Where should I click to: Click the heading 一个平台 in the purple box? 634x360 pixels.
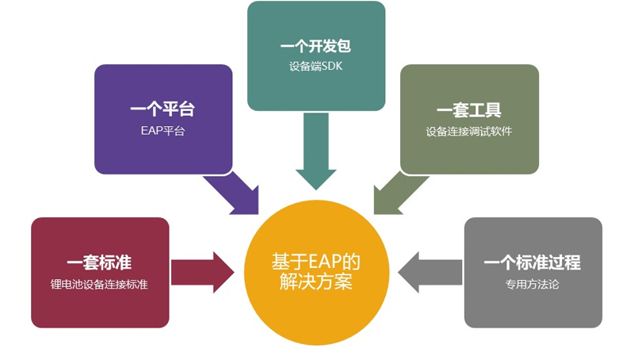(163, 109)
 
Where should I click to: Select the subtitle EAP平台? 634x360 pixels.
(163, 131)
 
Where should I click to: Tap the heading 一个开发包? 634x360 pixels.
(315, 46)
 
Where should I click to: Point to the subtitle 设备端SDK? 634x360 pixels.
(315, 67)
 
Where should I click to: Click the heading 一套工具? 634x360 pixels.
(469, 109)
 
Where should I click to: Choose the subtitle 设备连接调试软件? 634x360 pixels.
(469, 131)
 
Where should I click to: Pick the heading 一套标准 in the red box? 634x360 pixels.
(100, 262)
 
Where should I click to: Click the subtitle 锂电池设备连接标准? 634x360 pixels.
(100, 284)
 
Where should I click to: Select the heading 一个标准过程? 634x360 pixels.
(533, 262)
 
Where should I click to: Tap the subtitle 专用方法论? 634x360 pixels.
(533, 284)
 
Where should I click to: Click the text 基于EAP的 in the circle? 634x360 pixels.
(315, 262)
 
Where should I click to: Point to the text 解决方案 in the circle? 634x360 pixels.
(315, 281)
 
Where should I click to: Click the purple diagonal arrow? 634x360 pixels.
(234, 193)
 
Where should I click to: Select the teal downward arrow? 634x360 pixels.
(315, 151)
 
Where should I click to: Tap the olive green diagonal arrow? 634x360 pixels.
(399, 193)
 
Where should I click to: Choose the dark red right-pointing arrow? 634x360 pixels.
(203, 272)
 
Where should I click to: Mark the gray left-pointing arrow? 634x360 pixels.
(430, 272)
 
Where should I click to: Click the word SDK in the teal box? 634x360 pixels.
(332, 67)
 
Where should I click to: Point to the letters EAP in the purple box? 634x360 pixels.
(151, 131)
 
